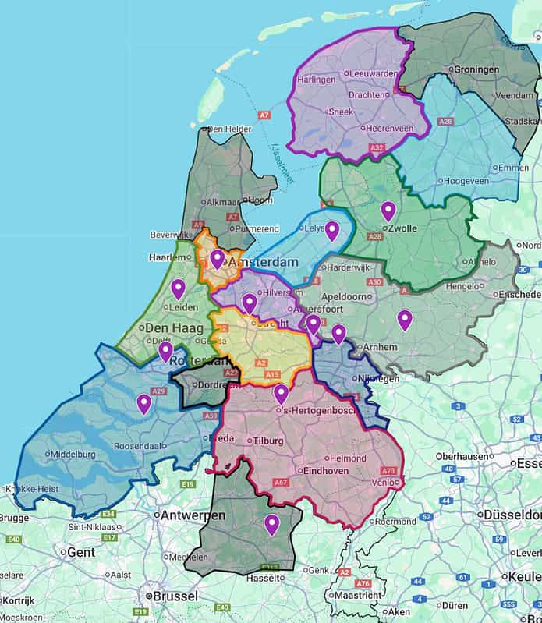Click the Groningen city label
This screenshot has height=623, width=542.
pyautogui.click(x=476, y=69)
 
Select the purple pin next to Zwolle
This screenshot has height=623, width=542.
pyautogui.click(x=388, y=211)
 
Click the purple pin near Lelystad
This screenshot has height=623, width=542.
pyautogui.click(x=331, y=230)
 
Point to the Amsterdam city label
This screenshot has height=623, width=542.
pyautogui.click(x=264, y=263)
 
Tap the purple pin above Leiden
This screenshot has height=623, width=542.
pyautogui.click(x=178, y=288)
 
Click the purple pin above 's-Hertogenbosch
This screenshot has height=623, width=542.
pyautogui.click(x=281, y=394)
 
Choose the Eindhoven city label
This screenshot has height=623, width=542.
pyautogui.click(x=324, y=471)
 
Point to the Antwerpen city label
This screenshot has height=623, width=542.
pyautogui.click(x=193, y=515)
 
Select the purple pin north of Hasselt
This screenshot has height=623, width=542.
pyautogui.click(x=271, y=524)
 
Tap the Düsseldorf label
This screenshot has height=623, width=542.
pyautogui.click(x=511, y=515)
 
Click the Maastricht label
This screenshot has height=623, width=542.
pyautogui.click(x=363, y=595)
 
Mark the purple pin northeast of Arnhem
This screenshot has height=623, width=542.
pyautogui.click(x=404, y=319)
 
